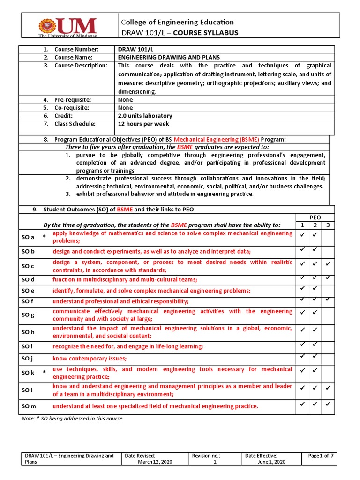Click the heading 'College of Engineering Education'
[177, 22]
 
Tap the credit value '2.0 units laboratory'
[145, 116]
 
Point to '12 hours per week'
[143, 124]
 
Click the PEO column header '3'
[328, 225]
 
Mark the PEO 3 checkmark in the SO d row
[328, 279]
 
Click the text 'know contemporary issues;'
[90, 359]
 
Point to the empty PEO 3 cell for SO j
[328, 359]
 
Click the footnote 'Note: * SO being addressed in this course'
[72, 418]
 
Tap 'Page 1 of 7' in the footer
[321, 456]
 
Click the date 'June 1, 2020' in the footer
[271, 462]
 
